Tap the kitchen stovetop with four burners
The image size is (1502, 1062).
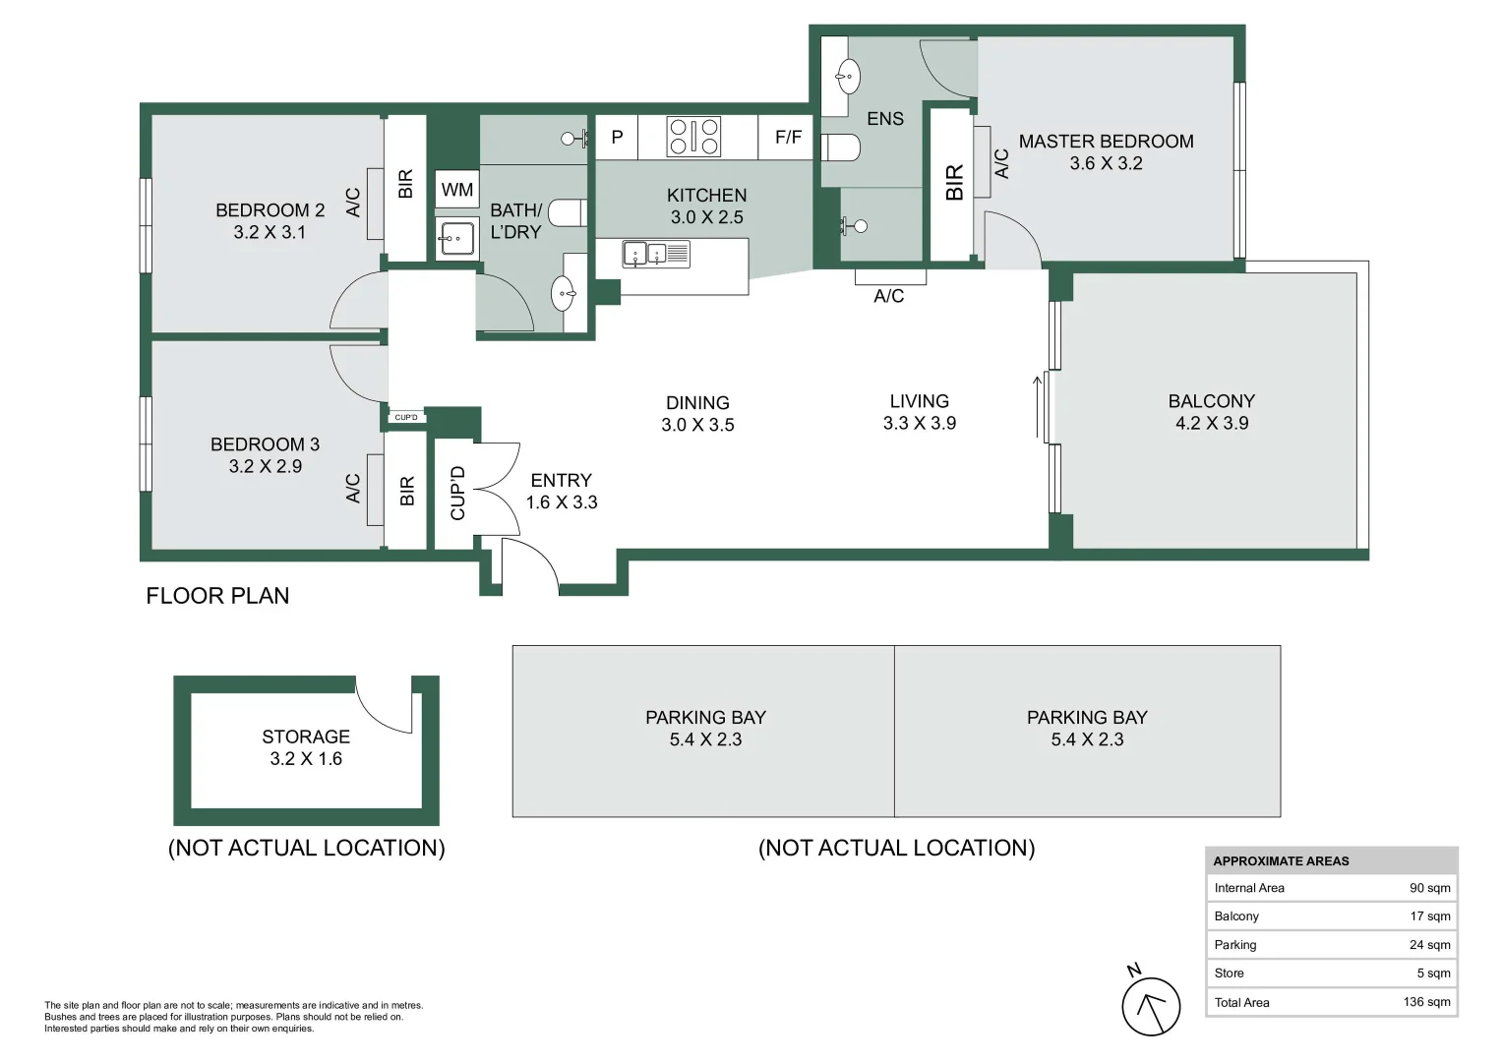tap(693, 137)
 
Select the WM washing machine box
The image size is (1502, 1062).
tap(457, 190)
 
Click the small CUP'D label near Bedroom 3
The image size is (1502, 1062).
tap(405, 417)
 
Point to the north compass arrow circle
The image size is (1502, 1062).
tap(1151, 1006)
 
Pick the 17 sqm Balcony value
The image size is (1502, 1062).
tap(1429, 915)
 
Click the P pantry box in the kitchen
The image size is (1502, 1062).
tap(617, 137)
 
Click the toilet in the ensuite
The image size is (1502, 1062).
tap(841, 147)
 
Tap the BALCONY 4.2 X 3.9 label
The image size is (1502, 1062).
tap(1212, 412)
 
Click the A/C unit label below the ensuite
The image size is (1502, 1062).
tap(888, 296)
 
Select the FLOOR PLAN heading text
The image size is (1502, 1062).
tap(217, 595)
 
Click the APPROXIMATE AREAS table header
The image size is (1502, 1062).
tap(1281, 860)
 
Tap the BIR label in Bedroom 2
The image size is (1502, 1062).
tap(405, 184)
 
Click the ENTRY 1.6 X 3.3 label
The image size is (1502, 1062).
tap(562, 491)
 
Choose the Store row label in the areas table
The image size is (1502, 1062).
tap(1229, 973)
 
